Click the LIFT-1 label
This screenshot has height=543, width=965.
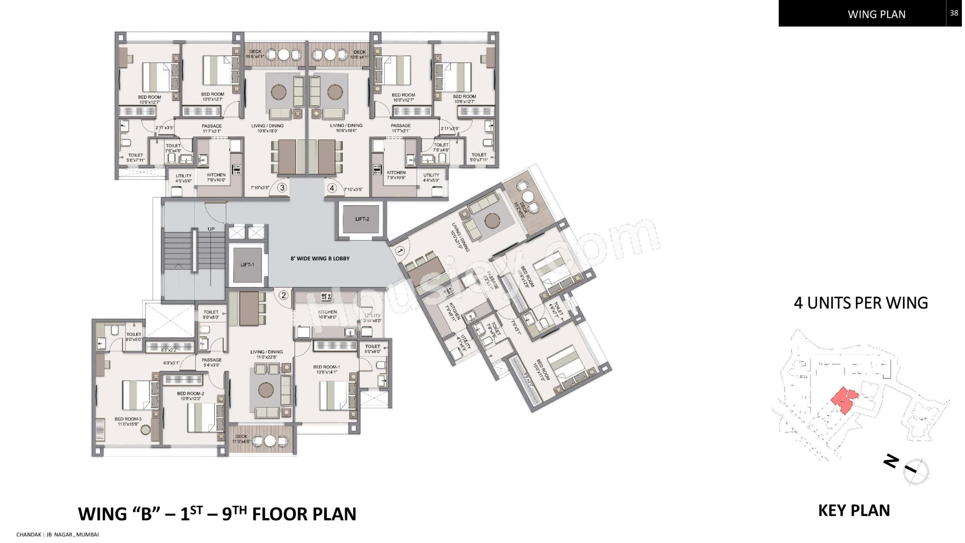point(247,265)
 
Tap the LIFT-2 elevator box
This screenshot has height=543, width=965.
point(362,219)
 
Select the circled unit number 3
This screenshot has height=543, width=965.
point(282,188)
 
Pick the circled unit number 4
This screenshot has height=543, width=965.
point(332,188)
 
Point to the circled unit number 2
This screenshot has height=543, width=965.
point(284,295)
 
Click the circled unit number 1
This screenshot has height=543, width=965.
point(400,250)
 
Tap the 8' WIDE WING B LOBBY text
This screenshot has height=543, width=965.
point(320,258)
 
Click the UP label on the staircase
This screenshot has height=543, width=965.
point(211,229)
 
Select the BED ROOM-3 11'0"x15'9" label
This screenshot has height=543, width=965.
point(128,422)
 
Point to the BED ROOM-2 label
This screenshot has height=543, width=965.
point(190,396)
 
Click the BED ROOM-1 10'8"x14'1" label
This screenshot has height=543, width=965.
point(327,370)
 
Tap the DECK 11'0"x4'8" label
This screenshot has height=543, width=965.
point(241,439)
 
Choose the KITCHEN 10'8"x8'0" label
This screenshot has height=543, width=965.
point(327,314)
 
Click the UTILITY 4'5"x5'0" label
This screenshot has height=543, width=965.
point(184,178)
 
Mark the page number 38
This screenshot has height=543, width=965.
point(954,13)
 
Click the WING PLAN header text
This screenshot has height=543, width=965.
point(877,14)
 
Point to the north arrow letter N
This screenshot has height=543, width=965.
point(892,462)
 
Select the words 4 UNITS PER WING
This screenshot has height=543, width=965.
point(861,303)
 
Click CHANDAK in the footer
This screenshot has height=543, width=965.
point(28,534)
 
